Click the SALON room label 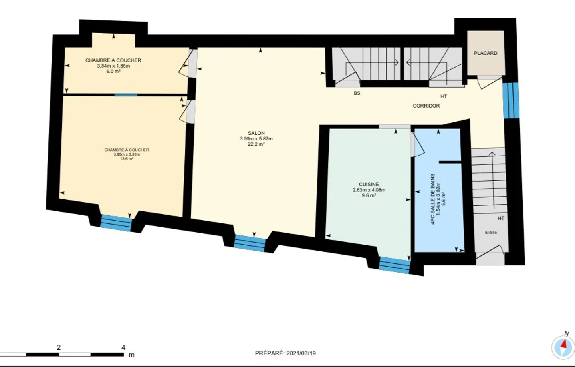click(x=256, y=133)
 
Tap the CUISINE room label click(x=369, y=185)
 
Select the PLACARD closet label click(x=485, y=53)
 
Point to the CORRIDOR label click(x=426, y=106)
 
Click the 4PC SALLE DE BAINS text click(x=433, y=199)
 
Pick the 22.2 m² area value click(x=256, y=144)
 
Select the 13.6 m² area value click(x=127, y=159)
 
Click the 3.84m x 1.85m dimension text click(x=113, y=66)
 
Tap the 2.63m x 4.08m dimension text click(x=369, y=190)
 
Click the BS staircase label click(x=357, y=93)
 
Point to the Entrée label click(x=491, y=233)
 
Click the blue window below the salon click(x=250, y=243)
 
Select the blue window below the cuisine click(x=394, y=265)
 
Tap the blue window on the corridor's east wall click(x=511, y=101)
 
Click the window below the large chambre click(x=116, y=223)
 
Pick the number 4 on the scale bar click(x=123, y=347)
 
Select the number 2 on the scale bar click(x=59, y=347)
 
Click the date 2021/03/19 click(x=301, y=353)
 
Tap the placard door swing click(x=489, y=83)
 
